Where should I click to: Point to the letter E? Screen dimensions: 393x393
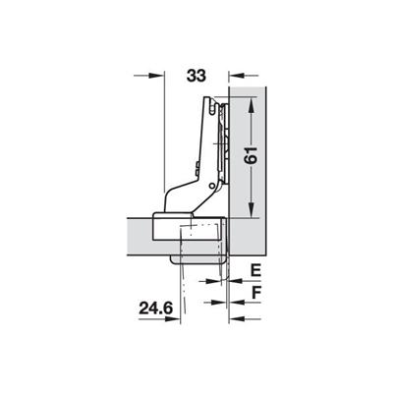click(253, 269)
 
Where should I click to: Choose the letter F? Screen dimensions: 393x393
click(254, 292)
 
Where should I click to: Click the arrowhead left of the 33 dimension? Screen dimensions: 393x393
click(154, 74)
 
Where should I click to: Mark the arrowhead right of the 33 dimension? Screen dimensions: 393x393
click(234, 74)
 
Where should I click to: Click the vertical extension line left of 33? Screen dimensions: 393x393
click(160, 138)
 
